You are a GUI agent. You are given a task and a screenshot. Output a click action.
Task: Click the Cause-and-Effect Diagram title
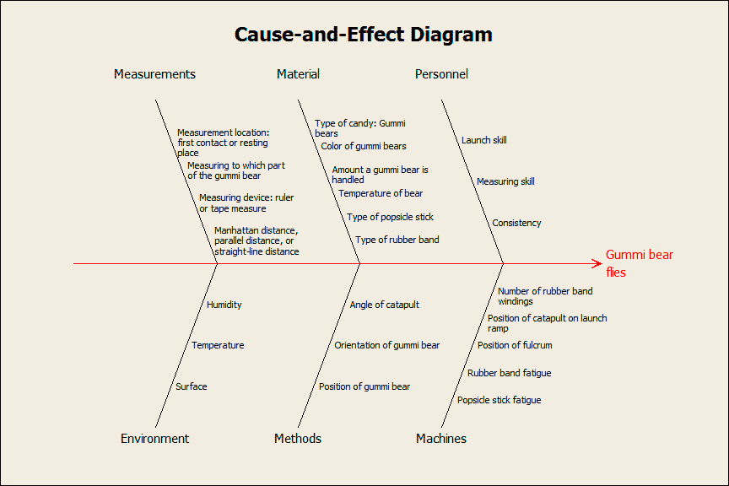pos(363,35)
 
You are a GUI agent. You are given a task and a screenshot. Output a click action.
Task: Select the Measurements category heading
pos(154,74)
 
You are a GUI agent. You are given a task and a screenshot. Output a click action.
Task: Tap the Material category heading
pos(298,74)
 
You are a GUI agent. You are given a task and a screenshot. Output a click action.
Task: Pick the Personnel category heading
pos(441,74)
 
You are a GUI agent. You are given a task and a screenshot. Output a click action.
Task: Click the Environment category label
pos(154,439)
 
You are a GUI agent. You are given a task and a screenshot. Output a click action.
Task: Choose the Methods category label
pos(298,439)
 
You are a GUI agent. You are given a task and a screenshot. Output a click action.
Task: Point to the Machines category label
pos(441,439)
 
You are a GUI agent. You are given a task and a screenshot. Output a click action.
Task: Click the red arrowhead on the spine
pos(597,264)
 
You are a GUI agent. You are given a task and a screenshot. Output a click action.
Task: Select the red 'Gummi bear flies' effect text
pos(640,263)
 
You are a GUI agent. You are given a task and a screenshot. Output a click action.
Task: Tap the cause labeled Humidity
pos(224,305)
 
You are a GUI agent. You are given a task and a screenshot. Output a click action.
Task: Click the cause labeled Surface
pos(191,386)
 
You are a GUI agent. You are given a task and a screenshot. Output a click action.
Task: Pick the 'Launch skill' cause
pos(484,140)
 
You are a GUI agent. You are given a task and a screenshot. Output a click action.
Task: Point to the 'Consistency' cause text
pos(516,223)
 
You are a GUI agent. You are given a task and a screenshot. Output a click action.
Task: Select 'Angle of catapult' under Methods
pos(385,305)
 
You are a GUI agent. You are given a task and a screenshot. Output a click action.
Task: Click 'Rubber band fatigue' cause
pos(509,373)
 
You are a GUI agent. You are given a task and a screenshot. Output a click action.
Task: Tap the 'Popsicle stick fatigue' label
pos(499,400)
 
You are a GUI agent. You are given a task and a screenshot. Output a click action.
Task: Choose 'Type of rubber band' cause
pos(397,240)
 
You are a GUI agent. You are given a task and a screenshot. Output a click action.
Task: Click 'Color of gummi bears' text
pos(364,146)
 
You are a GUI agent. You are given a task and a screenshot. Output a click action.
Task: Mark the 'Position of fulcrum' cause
pos(515,345)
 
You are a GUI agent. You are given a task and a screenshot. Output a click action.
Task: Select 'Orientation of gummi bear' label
pos(386,345)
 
